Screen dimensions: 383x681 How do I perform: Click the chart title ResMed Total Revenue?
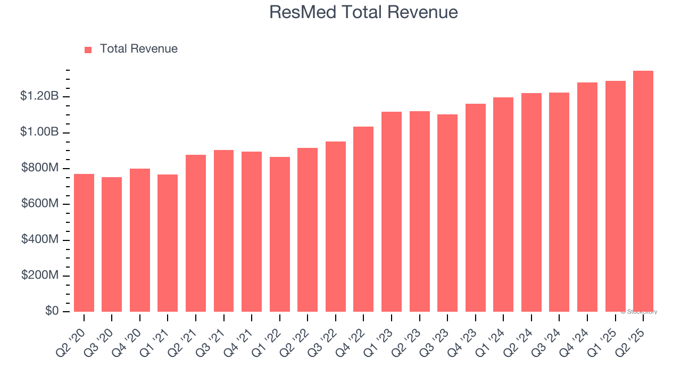click(x=363, y=12)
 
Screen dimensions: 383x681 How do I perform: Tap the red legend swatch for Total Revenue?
click(x=88, y=49)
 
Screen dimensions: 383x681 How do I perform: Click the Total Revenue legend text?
click(x=138, y=49)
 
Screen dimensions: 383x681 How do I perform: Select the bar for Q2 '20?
click(x=84, y=243)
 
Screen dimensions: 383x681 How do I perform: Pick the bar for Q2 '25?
click(x=643, y=191)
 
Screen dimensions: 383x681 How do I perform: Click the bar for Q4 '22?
click(x=363, y=219)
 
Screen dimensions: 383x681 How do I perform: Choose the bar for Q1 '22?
click(x=279, y=234)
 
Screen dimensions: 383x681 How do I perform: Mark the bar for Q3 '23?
click(x=447, y=213)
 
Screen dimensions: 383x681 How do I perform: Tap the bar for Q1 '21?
click(x=168, y=243)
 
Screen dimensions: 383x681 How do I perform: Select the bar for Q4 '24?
click(x=587, y=197)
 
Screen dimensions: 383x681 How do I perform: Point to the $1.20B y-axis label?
click(x=39, y=96)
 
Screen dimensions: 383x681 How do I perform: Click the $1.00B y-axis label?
click(x=39, y=132)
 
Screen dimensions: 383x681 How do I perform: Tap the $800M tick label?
click(x=40, y=168)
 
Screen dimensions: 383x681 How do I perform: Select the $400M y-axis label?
click(x=40, y=240)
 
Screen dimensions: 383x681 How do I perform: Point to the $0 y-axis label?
click(x=52, y=311)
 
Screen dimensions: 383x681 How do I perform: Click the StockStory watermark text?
click(x=639, y=312)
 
